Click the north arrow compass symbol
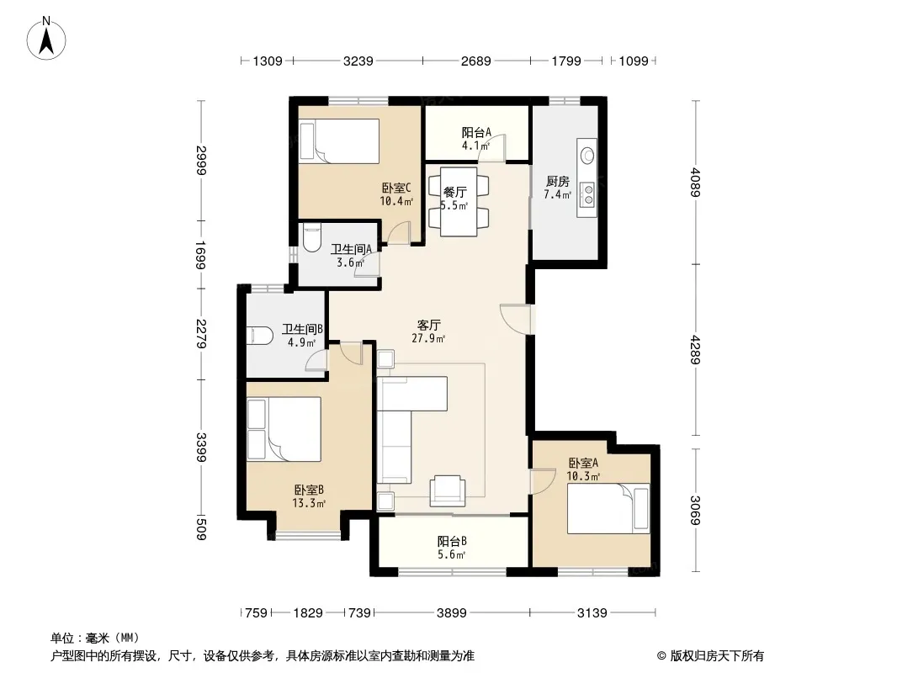[46, 38]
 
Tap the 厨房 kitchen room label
[557, 182]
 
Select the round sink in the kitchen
[587, 156]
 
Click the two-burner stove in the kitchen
[587, 193]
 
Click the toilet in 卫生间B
[259, 335]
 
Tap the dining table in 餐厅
[459, 201]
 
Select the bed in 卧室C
[339, 141]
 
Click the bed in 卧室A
[608, 509]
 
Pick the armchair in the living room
[448, 490]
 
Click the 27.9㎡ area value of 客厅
[428, 338]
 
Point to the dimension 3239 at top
[358, 61]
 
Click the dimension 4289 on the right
[696, 349]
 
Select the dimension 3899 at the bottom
[451, 613]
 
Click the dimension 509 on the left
[201, 527]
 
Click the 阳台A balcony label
[476, 133]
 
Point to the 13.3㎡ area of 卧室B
[309, 503]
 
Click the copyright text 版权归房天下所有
[717, 656]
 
